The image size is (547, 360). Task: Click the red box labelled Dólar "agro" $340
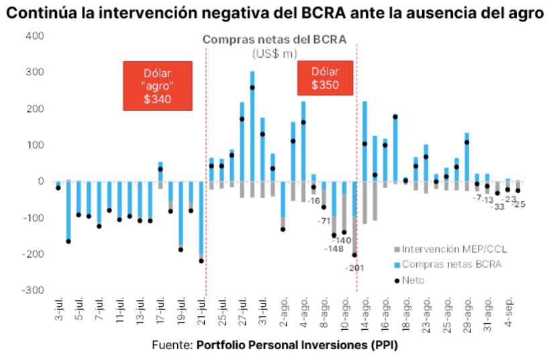point(158,85)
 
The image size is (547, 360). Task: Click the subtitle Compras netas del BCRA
point(275,39)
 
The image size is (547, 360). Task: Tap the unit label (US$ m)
point(275,52)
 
